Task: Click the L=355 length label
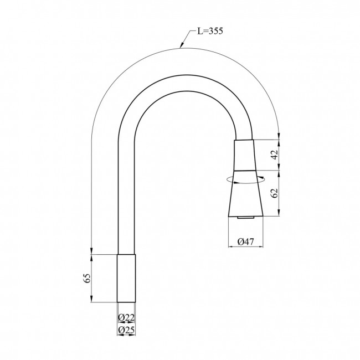tap(210, 31)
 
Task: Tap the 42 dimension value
tap(275, 155)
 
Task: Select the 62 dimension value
tap(275, 193)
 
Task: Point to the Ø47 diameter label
tap(246, 241)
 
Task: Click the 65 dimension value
tap(87, 278)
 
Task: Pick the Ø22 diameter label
tap(126, 318)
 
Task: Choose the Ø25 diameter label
tap(126, 330)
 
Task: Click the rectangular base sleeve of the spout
tap(126, 278)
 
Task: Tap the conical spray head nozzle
tap(245, 193)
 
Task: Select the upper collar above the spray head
tap(244, 155)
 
